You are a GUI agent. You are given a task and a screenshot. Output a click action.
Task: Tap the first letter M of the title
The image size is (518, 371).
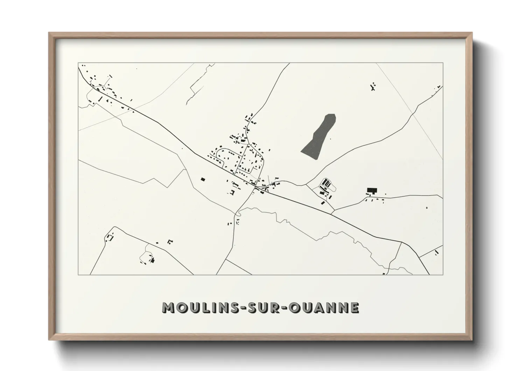(167, 308)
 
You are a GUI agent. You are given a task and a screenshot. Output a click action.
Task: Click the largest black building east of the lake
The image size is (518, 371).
(372, 190)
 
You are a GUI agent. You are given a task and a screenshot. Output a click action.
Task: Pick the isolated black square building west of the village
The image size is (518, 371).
(203, 179)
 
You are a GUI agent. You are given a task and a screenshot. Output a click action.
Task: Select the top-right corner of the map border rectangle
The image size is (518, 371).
(443, 63)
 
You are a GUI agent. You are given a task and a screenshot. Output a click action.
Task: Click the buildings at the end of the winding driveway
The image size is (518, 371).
(152, 260)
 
